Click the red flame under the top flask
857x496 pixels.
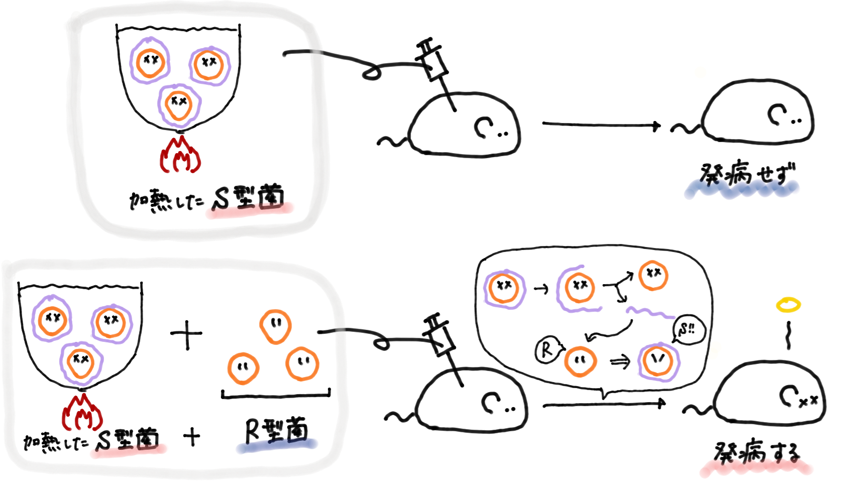(180, 155)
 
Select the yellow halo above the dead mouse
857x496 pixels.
(788, 304)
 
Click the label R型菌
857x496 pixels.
(276, 431)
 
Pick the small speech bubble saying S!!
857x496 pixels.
(688, 330)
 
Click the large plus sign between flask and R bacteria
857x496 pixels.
(186, 334)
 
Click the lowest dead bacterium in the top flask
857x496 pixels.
(179, 104)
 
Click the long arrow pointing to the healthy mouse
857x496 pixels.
(601, 125)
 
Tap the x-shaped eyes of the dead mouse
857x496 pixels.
(809, 401)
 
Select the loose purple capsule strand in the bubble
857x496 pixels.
(650, 312)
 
